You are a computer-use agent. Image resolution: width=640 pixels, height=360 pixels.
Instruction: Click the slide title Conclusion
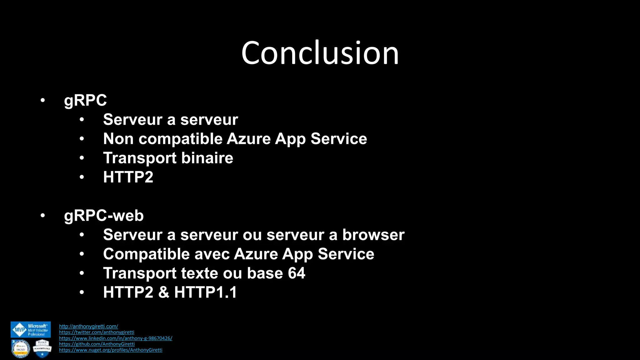pos(320,53)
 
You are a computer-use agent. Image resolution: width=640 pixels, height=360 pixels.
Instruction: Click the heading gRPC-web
pos(104,216)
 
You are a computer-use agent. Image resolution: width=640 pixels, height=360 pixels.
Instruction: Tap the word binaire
pos(207,158)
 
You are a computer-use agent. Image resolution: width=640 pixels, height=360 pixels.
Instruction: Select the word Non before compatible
pos(118,139)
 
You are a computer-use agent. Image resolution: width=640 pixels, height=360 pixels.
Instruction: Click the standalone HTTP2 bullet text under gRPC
pos(128,177)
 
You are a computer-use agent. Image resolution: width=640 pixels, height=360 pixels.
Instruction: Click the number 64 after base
pos(296,273)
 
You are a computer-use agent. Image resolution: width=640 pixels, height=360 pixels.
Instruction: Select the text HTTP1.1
pos(205,292)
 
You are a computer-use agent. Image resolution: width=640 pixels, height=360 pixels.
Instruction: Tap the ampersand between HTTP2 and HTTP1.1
pos(163,292)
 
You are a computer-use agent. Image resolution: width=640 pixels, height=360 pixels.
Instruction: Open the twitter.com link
pos(97,332)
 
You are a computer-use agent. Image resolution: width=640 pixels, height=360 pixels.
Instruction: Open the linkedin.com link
pos(116,338)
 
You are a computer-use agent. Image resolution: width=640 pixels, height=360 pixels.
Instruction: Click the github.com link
pos(97,344)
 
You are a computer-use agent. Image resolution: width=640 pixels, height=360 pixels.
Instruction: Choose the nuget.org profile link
pos(111,350)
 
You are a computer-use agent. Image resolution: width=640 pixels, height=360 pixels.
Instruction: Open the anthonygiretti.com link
pos(88,326)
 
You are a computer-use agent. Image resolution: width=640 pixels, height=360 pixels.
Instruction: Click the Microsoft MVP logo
pos(31,330)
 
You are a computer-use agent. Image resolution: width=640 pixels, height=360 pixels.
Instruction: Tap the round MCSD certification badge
pos(21,349)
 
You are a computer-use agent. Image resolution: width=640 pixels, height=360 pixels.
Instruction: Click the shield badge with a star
pos(42,349)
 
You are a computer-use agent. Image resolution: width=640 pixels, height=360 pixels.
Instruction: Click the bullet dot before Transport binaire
pos(82,158)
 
